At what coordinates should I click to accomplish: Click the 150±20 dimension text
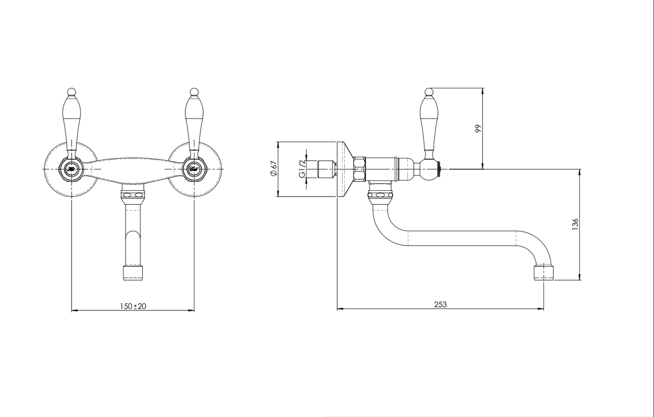[133, 305]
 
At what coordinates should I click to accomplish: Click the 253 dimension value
[440, 304]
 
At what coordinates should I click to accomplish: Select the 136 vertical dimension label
[575, 224]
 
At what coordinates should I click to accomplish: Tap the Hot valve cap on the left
[71, 169]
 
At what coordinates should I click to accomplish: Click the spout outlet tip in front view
[133, 272]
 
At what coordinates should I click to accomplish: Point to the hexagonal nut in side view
[359, 169]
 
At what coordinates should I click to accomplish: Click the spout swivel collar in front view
[133, 194]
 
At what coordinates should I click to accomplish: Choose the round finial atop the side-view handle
[429, 92]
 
